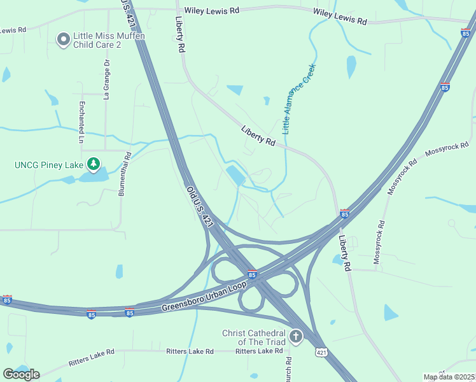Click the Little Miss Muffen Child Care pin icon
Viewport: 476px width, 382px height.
(x=63, y=40)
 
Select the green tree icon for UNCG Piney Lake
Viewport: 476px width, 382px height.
(x=94, y=165)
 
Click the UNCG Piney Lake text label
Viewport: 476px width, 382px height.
(x=49, y=166)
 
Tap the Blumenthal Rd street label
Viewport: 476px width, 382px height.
(x=128, y=174)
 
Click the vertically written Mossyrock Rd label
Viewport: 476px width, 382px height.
(x=382, y=243)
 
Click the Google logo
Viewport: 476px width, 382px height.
(x=21, y=374)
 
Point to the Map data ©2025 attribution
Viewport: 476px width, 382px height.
(x=449, y=377)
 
